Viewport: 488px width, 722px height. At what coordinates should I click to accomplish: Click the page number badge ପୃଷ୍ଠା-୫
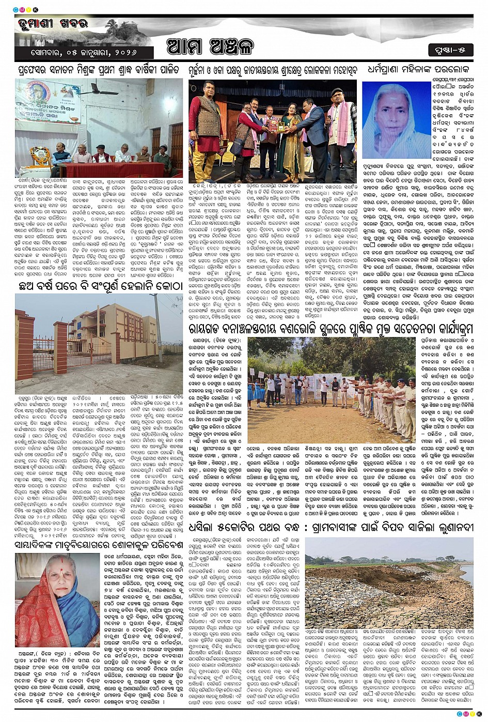tap(450, 50)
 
